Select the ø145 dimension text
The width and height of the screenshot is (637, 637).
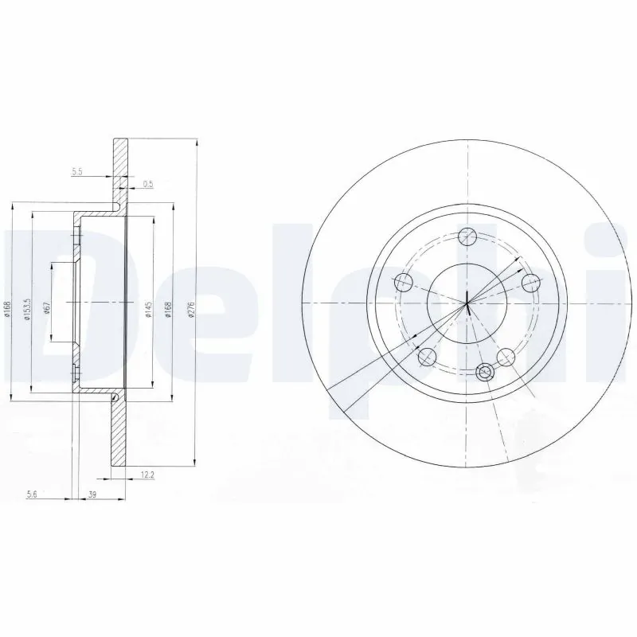pyautogui.click(x=147, y=311)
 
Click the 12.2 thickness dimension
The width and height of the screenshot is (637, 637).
pyautogui.click(x=147, y=476)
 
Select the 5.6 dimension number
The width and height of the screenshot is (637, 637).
pyautogui.click(x=33, y=495)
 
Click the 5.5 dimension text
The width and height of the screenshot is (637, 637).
pyautogui.click(x=77, y=172)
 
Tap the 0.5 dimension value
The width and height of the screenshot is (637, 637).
pyautogui.click(x=147, y=185)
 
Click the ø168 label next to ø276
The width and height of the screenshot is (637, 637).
pyautogui.click(x=168, y=311)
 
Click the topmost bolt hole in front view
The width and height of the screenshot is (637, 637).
pyautogui.click(x=467, y=236)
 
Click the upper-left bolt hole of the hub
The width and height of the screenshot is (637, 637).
pyautogui.click(x=403, y=280)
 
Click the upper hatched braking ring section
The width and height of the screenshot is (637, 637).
pyautogui.click(x=120, y=171)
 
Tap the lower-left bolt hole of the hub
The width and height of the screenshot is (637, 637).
pyautogui.click(x=427, y=356)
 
